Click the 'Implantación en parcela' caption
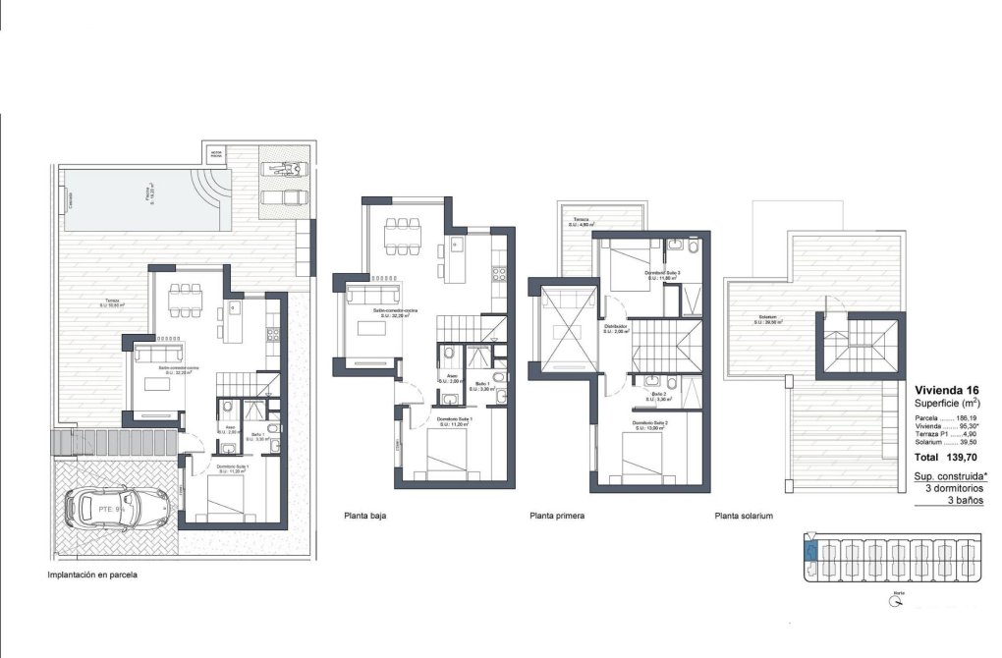[92, 576]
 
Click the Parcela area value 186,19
[970, 417]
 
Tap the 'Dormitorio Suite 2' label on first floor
[650, 423]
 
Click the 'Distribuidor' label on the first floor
[615, 326]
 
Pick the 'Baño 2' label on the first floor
[658, 395]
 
